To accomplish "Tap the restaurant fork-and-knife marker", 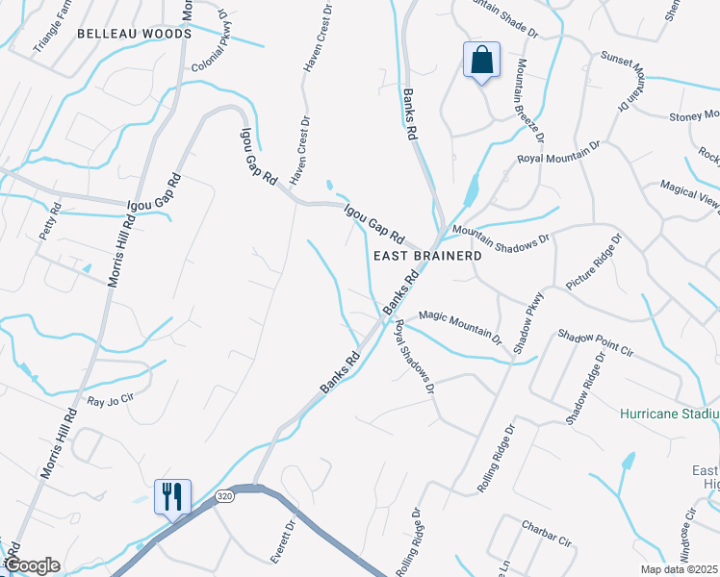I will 173,496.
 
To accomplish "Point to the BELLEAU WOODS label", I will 134,34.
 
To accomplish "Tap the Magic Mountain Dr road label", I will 460,327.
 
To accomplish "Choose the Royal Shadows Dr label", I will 414,357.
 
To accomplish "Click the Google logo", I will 32,565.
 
